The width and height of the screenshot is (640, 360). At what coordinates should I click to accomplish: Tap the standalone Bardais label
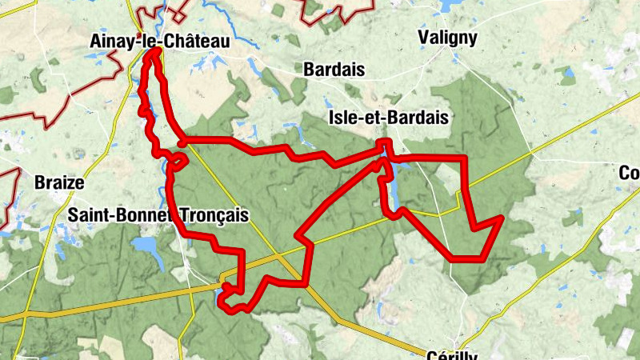point(334,70)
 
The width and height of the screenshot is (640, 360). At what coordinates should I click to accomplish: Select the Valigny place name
point(448,38)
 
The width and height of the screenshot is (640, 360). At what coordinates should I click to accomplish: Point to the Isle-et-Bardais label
point(388,118)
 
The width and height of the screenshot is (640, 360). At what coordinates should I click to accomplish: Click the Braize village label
point(59,182)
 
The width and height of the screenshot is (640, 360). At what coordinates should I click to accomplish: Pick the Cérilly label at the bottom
point(453,354)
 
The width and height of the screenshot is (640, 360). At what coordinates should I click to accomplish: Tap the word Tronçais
point(206,215)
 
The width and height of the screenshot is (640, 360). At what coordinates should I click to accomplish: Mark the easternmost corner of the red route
point(501,218)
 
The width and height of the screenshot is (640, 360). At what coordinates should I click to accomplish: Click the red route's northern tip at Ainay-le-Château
point(154,51)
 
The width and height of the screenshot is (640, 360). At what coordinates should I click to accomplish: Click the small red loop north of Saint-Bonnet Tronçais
point(178,160)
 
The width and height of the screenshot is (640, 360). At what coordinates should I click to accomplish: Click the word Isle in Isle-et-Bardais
point(343,118)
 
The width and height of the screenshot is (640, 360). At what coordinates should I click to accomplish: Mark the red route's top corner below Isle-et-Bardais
point(386,142)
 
